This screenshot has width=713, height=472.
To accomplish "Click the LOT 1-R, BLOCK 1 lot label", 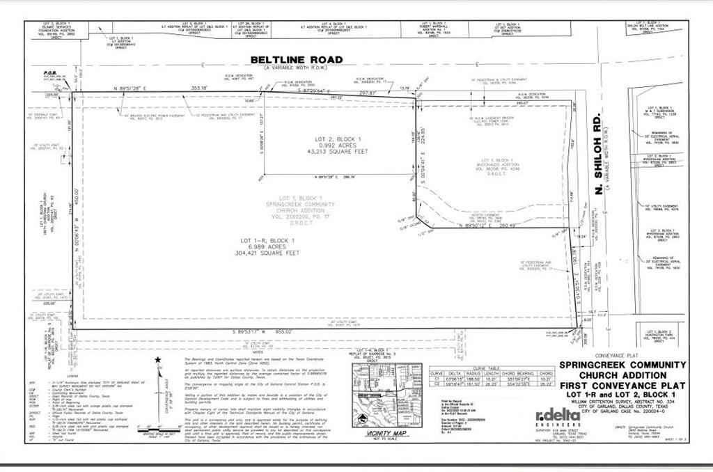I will pos(266,239).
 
